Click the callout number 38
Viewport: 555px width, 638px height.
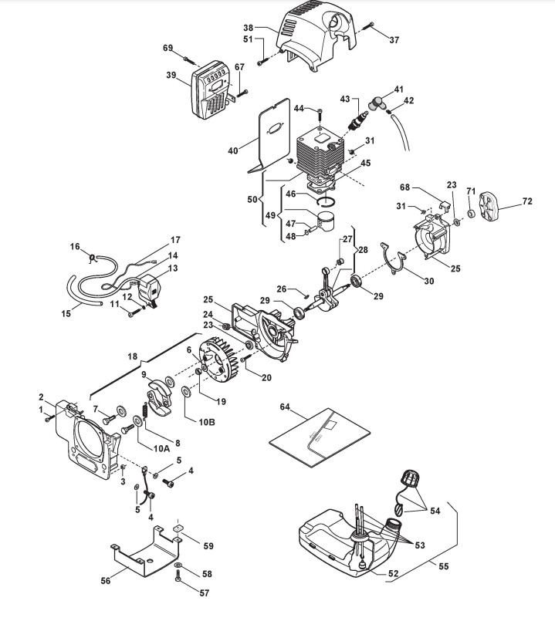[249, 28]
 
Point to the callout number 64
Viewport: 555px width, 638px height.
[285, 407]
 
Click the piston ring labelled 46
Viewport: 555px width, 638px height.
[327, 201]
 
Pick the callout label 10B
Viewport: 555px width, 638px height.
[207, 422]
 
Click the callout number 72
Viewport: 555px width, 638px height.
[527, 201]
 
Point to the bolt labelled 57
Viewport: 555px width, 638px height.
[178, 576]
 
